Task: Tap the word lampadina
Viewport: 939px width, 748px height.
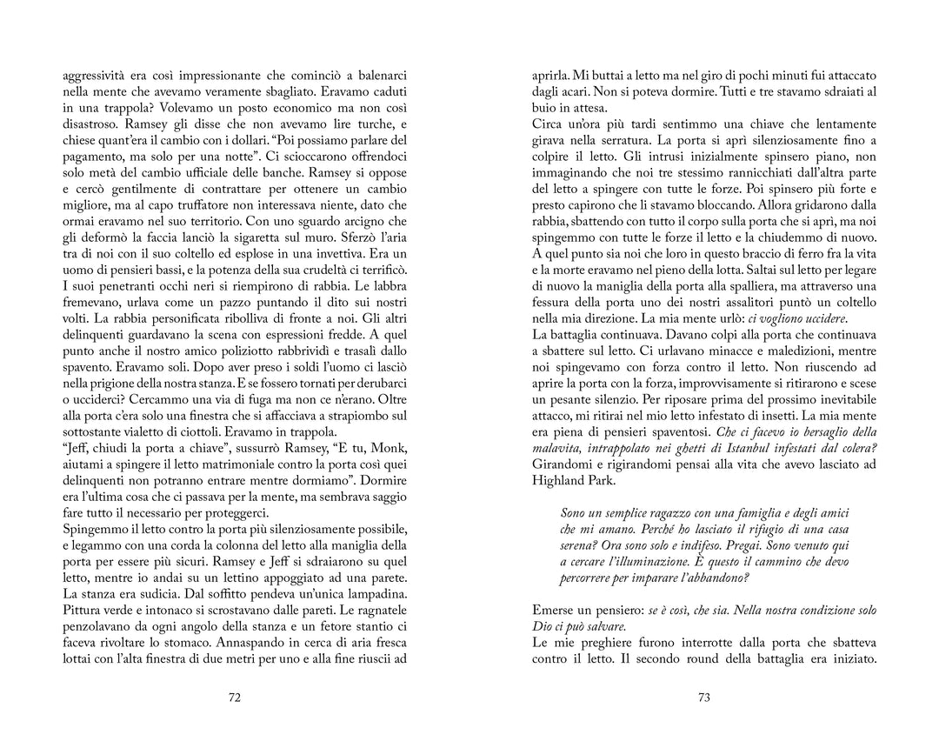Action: click(372, 592)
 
